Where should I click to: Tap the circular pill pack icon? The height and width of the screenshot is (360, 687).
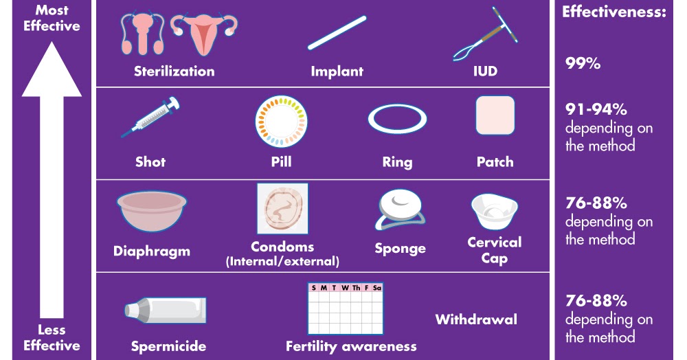click(282, 121)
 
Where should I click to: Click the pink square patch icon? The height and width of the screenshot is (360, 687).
click(495, 115)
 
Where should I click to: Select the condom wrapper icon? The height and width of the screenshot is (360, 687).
click(282, 209)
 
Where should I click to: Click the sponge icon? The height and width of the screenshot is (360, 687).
click(400, 209)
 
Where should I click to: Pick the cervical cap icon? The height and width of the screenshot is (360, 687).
click(494, 211)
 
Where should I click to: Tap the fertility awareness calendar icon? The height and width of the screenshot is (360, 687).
click(344, 308)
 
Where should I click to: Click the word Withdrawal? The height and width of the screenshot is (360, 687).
click(476, 319)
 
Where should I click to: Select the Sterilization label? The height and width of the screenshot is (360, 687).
click(174, 71)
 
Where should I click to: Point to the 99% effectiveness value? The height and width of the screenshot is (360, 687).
click(583, 64)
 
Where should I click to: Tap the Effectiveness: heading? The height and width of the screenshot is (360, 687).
click(614, 12)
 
